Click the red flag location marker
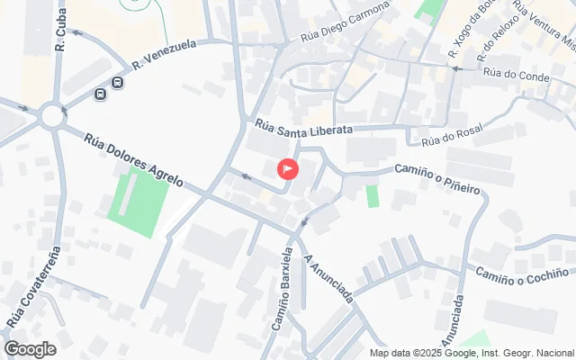point(288,168)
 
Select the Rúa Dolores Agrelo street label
point(134,160)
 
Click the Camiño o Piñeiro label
point(436,178)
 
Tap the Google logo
point(30,348)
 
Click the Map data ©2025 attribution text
point(472,352)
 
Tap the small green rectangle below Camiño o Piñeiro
point(373,195)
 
